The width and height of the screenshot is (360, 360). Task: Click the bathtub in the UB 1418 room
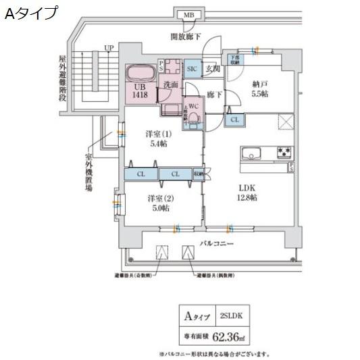[x=141, y=73]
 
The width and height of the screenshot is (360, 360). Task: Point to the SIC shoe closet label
[x=191, y=68]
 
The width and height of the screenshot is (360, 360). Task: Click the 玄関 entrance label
[x=212, y=68]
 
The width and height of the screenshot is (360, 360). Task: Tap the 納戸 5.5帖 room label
[x=260, y=90]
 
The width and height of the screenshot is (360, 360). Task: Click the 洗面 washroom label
[x=170, y=86]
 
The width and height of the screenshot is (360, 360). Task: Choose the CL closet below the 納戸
[x=234, y=120]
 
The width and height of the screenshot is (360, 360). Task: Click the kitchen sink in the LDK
[x=251, y=153]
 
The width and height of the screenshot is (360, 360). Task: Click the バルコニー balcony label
[x=216, y=241]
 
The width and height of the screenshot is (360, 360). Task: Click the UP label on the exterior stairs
[x=108, y=49]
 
